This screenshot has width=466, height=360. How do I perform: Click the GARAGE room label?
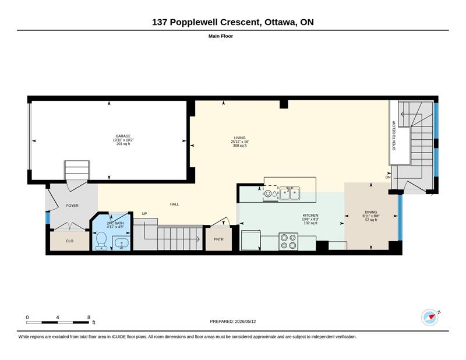[123, 136]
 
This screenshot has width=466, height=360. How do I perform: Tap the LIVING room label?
[240, 138]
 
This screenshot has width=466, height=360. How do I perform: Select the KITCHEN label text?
[310, 215]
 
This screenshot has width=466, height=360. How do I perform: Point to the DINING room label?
[371, 212]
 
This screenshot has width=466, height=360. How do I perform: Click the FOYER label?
[72, 206]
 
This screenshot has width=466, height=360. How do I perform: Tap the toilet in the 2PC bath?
[101, 240]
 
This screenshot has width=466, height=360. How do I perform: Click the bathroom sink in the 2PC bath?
[122, 243]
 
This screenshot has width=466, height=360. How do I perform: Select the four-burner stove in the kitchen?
[288, 241]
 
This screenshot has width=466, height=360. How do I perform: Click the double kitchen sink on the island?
[290, 193]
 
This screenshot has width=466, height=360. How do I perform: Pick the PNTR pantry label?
[218, 239]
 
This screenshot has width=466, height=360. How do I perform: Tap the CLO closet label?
[69, 241]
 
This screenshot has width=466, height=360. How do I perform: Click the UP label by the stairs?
[144, 214]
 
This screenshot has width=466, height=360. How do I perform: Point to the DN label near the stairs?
[388, 178]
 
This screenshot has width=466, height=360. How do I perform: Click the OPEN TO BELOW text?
[394, 136]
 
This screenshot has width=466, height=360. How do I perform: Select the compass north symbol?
[430, 317]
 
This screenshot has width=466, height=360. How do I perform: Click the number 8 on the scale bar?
[89, 317]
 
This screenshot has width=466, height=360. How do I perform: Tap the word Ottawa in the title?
[280, 22]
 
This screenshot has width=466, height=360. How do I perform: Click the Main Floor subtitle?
[221, 36]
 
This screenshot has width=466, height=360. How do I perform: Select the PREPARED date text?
[232, 322]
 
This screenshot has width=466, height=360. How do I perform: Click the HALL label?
[174, 204]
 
